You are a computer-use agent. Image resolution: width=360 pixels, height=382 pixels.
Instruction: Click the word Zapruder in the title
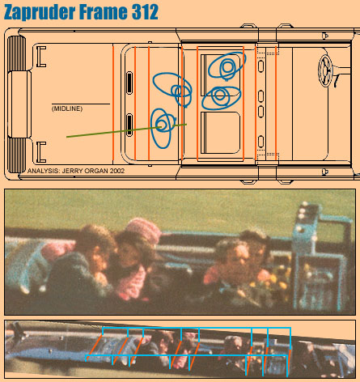40,12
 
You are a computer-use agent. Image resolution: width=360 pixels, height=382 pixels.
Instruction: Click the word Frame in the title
104,12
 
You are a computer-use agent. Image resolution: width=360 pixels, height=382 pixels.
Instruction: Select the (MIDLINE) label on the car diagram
67,108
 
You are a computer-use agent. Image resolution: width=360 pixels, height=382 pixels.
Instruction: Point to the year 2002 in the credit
117,171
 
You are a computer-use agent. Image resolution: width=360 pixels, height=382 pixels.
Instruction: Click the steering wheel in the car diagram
325,70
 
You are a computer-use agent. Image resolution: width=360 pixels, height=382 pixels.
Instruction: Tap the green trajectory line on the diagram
126,130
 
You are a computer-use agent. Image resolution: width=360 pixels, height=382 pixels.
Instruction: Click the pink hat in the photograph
143,229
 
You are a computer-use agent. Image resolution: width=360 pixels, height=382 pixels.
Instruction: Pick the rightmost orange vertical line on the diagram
276,103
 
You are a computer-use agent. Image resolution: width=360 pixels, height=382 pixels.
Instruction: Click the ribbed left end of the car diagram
17,104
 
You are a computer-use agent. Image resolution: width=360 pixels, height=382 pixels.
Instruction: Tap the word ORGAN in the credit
96,171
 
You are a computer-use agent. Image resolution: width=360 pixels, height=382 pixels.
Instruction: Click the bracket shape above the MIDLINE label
40,57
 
